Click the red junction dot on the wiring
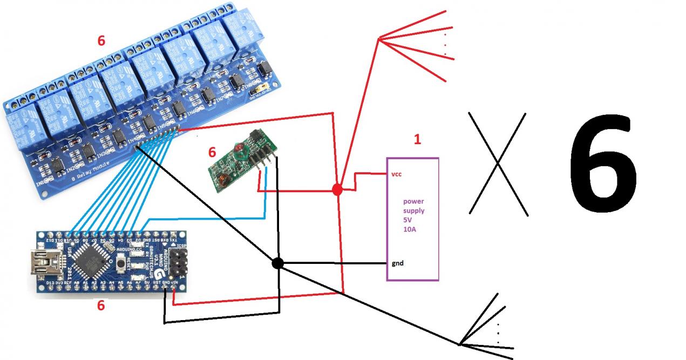pyautogui.click(x=337, y=189)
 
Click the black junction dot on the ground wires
pyautogui.click(x=277, y=263)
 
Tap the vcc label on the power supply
pyautogui.click(x=396, y=174)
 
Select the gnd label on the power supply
pyautogui.click(x=398, y=263)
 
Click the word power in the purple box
pyautogui.click(x=413, y=201)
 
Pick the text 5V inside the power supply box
pyautogui.click(x=407, y=220)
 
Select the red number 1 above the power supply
pyautogui.click(x=417, y=140)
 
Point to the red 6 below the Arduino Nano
pyautogui.click(x=101, y=305)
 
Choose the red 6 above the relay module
pyautogui.click(x=101, y=40)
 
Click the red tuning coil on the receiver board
pyautogui.click(x=238, y=147)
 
